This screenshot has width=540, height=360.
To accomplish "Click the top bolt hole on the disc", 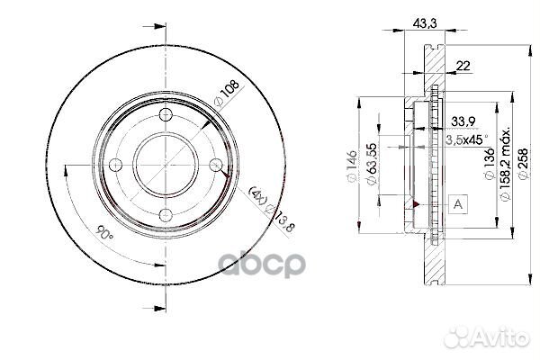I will [166, 115].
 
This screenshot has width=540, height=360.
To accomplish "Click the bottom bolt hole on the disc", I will [166, 213].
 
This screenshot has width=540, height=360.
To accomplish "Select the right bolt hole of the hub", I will [214, 165].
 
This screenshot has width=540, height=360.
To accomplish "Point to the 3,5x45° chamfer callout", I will [468, 139].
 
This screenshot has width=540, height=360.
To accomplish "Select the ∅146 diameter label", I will [355, 166].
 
